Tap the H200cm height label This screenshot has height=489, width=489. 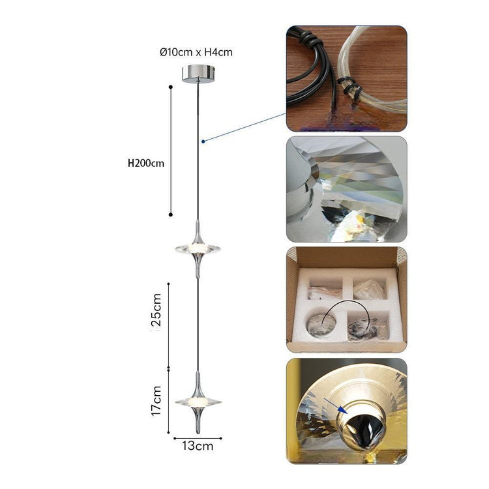(x=146, y=163)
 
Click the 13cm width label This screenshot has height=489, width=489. (x=197, y=446)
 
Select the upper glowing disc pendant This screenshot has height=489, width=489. (x=198, y=248)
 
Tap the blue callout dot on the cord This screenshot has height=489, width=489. (x=204, y=140)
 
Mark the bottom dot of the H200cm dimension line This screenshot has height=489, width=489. (x=171, y=214)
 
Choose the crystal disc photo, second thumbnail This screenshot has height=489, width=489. (x=346, y=189)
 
